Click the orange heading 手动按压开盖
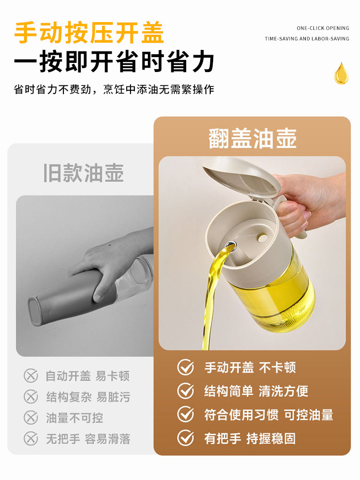(x=89, y=33)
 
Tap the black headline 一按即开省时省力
(x=114, y=62)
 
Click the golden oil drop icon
(x=341, y=73)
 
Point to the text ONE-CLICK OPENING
(x=323, y=28)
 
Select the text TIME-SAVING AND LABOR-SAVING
(x=307, y=38)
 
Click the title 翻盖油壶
(x=252, y=138)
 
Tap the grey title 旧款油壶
(x=84, y=173)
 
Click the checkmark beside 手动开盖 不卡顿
(x=186, y=368)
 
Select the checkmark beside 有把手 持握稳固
(x=186, y=438)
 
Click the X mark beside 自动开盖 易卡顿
(x=31, y=375)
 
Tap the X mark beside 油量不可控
(x=31, y=418)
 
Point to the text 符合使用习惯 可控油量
(x=269, y=415)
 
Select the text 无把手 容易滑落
(x=88, y=439)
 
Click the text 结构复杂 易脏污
(x=88, y=397)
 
